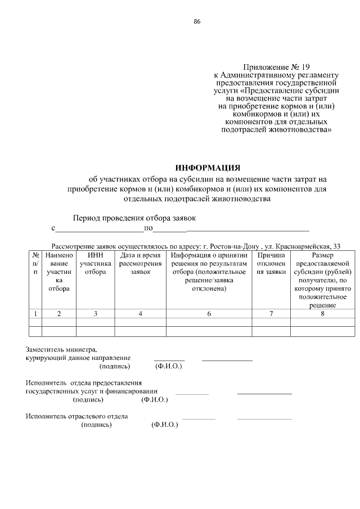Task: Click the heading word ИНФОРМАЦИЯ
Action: coord(208,168)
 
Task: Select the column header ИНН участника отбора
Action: coord(95,263)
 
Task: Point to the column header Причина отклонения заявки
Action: coord(271,263)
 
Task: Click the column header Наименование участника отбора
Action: coord(58,272)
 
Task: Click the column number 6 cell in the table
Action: coord(209,314)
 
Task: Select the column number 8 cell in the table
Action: coord(322,314)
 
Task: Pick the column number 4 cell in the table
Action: coord(140,314)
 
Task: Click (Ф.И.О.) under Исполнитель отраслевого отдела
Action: coord(165,425)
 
